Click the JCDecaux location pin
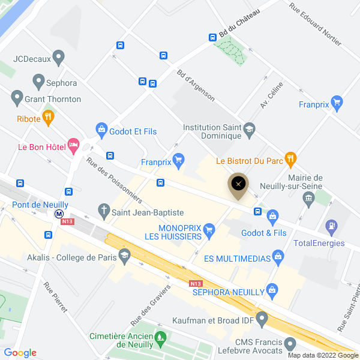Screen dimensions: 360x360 [58, 58]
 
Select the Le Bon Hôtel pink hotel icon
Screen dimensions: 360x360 [74, 145]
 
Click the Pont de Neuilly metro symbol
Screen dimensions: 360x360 [59, 214]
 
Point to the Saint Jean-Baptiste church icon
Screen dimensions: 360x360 [104, 211]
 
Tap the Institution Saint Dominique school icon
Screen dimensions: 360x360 [250, 128]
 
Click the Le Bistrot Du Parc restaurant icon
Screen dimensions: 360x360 [290, 159]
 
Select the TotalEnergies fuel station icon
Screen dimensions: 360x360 [331, 227]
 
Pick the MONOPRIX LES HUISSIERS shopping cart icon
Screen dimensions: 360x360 [209, 229]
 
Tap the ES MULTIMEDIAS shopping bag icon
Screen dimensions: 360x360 [277, 257]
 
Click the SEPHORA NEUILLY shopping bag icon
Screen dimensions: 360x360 [272, 290]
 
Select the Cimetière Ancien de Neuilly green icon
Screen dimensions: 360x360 [160, 339]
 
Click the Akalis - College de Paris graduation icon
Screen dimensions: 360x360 [124, 257]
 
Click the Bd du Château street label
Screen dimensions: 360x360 [239, 23]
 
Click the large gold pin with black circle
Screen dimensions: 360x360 [239, 185]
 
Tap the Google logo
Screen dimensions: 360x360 [20, 353]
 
